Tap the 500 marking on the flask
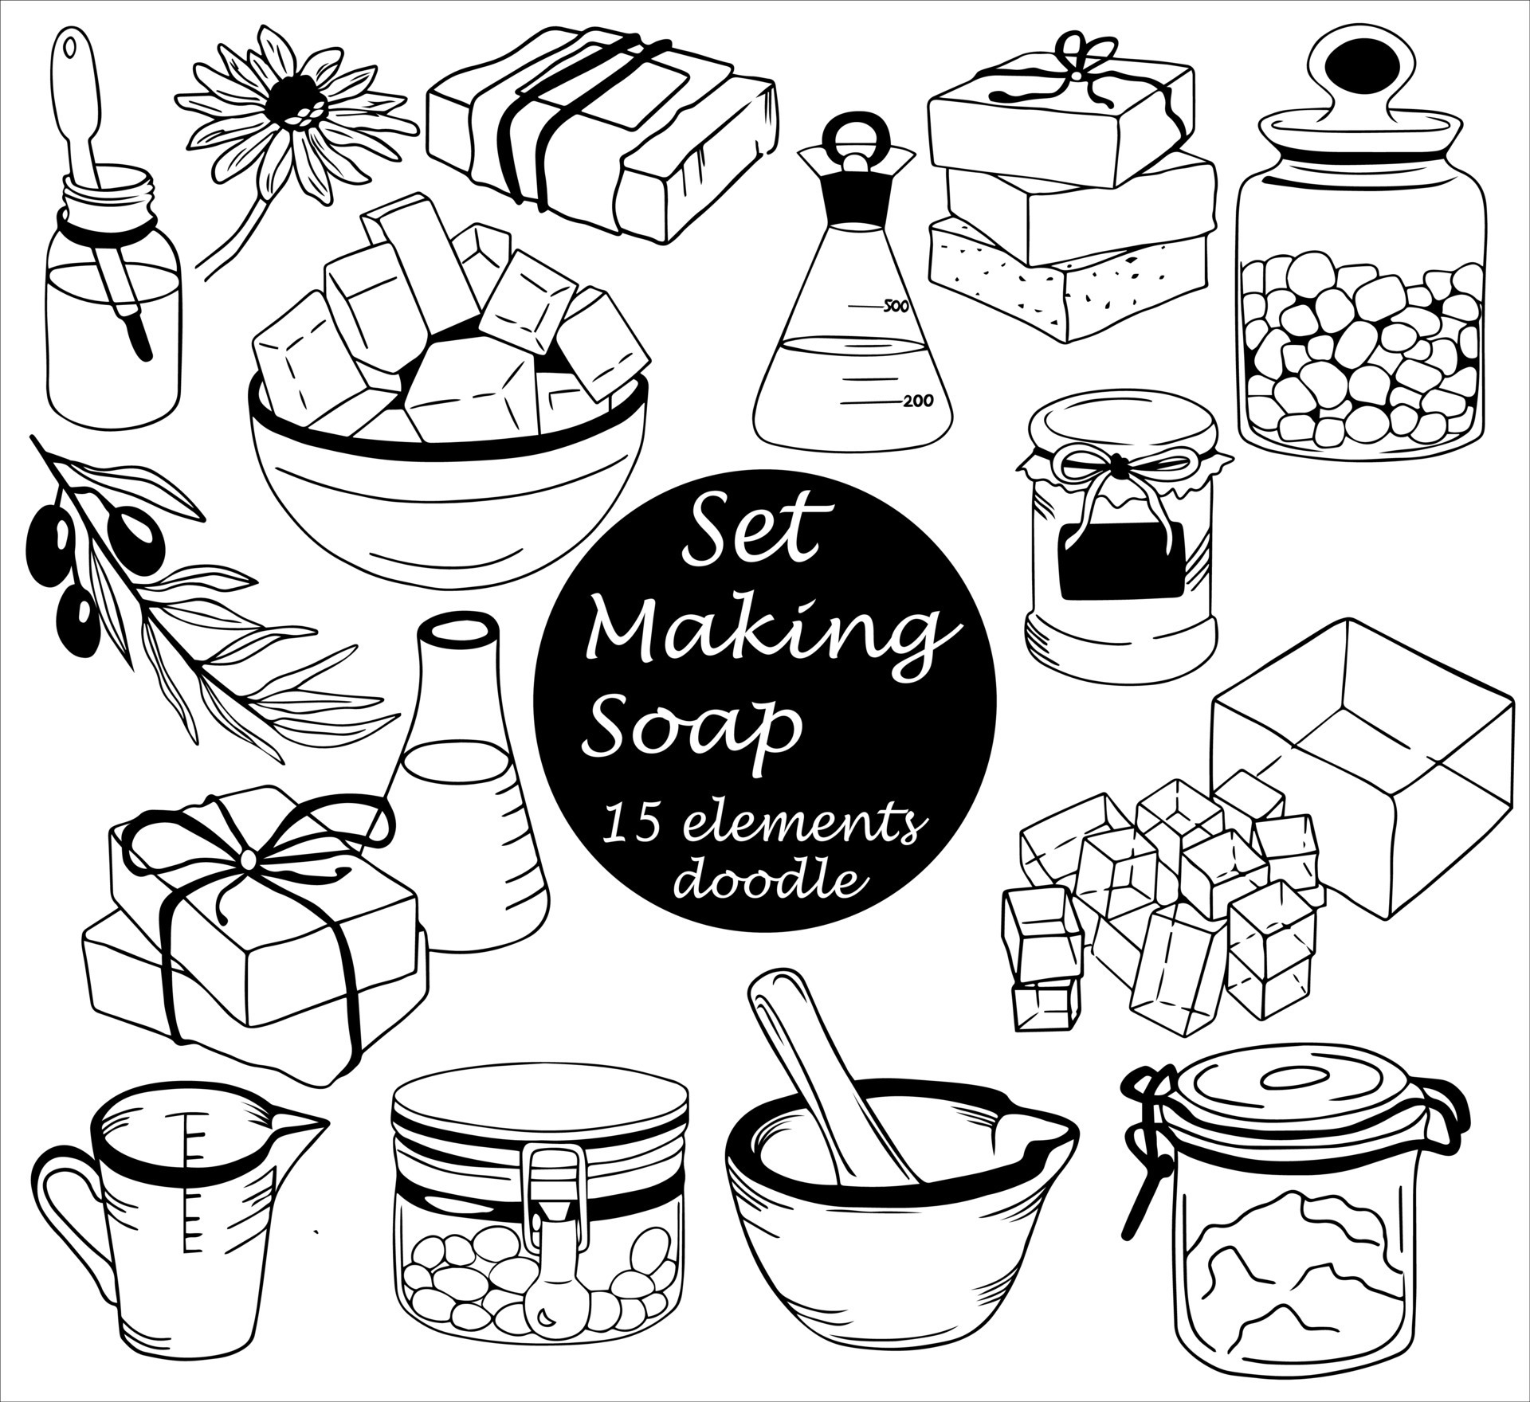point(891,306)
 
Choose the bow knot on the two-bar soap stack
point(249,858)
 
